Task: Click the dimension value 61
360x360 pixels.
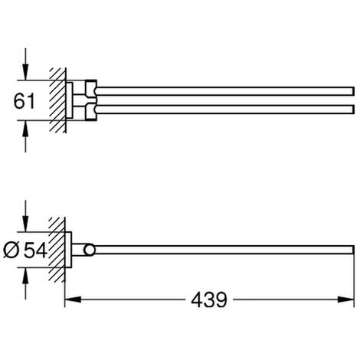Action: pyautogui.click(x=24, y=101)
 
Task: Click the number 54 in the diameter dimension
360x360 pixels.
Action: pyautogui.click(x=35, y=250)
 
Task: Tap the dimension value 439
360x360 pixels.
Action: pyautogui.click(x=209, y=300)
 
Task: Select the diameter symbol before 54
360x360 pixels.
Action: pyautogui.click(x=11, y=250)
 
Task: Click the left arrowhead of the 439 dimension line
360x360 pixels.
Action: pyautogui.click(x=73, y=299)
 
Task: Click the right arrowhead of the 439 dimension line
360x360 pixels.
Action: pyautogui.click(x=346, y=299)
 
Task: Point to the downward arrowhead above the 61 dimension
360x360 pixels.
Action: pyautogui.click(x=25, y=72)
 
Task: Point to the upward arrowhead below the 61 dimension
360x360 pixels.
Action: pyautogui.click(x=25, y=128)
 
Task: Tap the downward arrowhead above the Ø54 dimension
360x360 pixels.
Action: pyautogui.click(x=25, y=224)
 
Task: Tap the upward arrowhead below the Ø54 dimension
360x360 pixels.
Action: pyautogui.click(x=25, y=276)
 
